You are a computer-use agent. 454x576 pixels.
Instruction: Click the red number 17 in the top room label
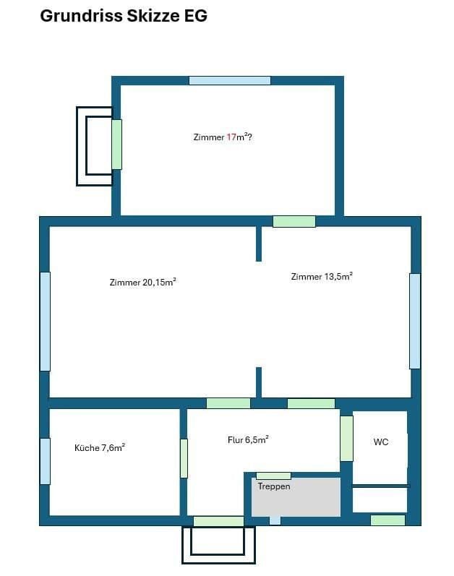click(232, 137)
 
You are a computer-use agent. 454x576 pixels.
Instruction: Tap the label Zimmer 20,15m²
click(143, 283)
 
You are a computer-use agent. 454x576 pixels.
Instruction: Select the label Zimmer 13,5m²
click(322, 277)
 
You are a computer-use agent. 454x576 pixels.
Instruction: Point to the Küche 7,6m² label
click(100, 447)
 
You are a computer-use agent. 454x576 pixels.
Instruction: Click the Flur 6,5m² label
click(248, 439)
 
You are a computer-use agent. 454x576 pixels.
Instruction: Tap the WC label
click(381, 442)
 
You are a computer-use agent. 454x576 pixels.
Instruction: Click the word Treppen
click(274, 486)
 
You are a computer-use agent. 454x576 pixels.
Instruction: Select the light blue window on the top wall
click(229, 80)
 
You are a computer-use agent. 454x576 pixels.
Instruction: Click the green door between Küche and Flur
click(184, 458)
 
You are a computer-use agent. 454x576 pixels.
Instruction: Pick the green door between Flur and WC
click(347, 439)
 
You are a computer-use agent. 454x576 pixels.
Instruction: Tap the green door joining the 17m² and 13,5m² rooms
click(294, 221)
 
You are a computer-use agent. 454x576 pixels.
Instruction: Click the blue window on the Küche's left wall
click(45, 461)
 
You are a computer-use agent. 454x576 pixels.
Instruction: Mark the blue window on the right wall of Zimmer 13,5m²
click(414, 321)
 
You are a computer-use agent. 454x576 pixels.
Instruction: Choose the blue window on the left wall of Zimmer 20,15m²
click(45, 321)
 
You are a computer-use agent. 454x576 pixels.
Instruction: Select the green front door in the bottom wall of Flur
click(218, 521)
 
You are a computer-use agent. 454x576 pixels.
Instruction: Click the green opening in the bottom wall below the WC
click(387, 520)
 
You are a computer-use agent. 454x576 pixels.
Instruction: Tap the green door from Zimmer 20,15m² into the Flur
click(228, 403)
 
